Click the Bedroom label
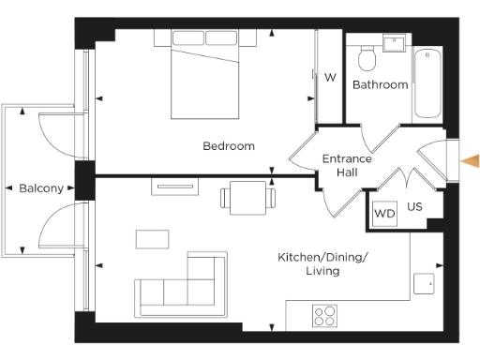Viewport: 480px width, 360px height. coord(229,145)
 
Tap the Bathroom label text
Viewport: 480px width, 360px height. coord(380,84)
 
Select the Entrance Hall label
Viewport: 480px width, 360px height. coord(347,165)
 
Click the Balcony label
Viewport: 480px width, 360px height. coord(41,188)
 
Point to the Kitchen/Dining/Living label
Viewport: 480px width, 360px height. coord(322,263)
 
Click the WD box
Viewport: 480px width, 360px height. coord(384,214)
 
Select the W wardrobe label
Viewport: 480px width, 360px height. coord(330,78)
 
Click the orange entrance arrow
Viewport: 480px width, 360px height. coord(470,162)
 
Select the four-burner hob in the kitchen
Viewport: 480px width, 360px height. coord(325,315)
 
